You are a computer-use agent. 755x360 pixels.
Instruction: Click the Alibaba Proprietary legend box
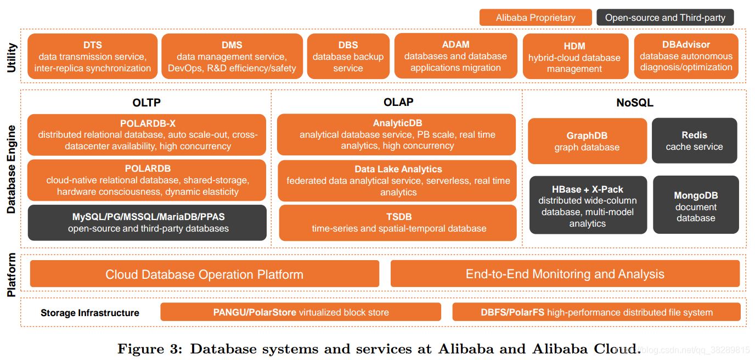tap(536, 18)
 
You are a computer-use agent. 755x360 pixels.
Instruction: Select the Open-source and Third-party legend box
tap(665, 18)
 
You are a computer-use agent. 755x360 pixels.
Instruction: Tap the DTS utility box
tap(92, 57)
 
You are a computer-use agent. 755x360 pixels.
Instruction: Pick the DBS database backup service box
tap(348, 57)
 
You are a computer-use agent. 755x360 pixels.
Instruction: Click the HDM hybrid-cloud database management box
tap(576, 57)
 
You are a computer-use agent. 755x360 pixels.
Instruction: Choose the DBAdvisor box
tap(686, 57)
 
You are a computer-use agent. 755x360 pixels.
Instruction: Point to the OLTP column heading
tap(147, 103)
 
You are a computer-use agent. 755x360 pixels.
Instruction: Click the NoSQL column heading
tap(635, 103)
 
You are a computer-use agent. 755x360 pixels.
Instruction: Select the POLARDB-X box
tap(147, 134)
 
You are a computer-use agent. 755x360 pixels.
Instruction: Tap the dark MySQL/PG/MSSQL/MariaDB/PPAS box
tap(147, 222)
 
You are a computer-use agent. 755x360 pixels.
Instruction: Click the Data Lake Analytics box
tap(397, 181)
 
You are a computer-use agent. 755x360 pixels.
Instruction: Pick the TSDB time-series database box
tap(398, 223)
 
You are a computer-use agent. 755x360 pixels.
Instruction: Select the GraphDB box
tap(588, 141)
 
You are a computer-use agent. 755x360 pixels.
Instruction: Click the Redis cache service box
tap(694, 140)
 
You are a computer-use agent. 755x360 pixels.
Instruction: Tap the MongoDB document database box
tap(696, 205)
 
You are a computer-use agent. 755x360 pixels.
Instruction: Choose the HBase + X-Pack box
tap(588, 205)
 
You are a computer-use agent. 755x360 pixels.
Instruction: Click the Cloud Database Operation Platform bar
tap(205, 274)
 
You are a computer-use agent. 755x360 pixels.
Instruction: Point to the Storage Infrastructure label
tap(89, 313)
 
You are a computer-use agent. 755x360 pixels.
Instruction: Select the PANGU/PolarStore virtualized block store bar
tap(301, 312)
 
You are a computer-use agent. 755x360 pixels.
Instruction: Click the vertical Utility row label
tap(12, 58)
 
